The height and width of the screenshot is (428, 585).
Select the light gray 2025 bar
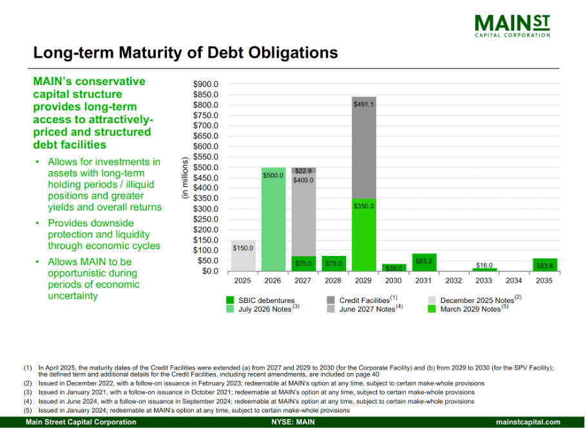(x=244, y=256)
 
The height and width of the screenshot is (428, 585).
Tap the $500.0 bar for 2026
(x=273, y=219)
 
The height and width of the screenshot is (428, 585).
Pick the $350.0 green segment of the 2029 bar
(x=364, y=235)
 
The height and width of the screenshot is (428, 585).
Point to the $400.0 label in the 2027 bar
(x=303, y=180)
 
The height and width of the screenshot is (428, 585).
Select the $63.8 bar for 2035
(x=545, y=264)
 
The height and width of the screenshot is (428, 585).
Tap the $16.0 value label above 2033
(x=484, y=265)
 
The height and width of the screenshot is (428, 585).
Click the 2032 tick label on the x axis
(x=454, y=281)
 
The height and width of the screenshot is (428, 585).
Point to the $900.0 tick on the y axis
(x=207, y=84)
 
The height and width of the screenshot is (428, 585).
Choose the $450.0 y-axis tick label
(x=207, y=178)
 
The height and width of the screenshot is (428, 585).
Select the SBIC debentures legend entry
(x=260, y=300)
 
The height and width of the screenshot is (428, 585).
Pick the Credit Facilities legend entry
(x=361, y=300)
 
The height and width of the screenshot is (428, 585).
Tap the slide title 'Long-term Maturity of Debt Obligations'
(x=185, y=52)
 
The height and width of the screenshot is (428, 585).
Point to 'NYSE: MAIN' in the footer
(x=292, y=422)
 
